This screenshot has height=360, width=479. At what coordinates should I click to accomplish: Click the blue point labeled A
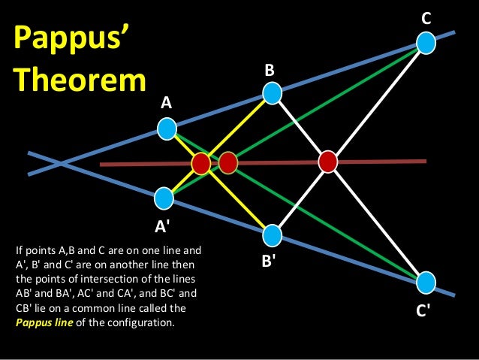[x=167, y=130]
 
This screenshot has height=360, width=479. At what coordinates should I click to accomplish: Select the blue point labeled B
[x=272, y=93]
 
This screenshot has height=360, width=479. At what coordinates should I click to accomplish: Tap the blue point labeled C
[x=426, y=43]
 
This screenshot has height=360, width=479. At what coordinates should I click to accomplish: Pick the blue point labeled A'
[x=164, y=198]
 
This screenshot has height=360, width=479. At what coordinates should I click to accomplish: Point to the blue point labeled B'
[x=272, y=235]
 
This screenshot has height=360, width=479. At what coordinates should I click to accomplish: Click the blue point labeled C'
[x=426, y=283]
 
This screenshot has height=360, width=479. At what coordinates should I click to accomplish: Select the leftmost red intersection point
[x=200, y=163]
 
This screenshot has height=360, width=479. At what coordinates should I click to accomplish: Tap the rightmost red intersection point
[x=327, y=161]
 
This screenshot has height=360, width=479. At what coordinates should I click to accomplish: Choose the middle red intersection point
[x=227, y=162]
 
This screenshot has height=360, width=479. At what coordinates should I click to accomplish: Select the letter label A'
[x=164, y=225]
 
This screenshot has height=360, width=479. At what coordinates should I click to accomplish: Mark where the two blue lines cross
[x=63, y=162]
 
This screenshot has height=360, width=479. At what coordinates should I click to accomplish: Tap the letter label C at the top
[x=426, y=17]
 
